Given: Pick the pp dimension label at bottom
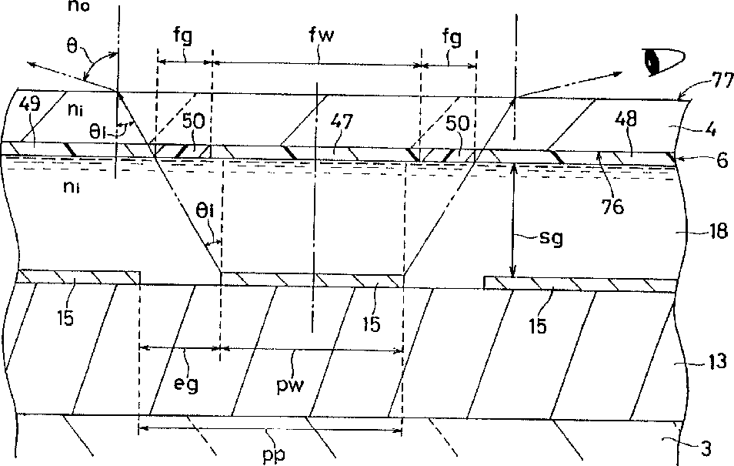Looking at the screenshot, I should click(x=273, y=454).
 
